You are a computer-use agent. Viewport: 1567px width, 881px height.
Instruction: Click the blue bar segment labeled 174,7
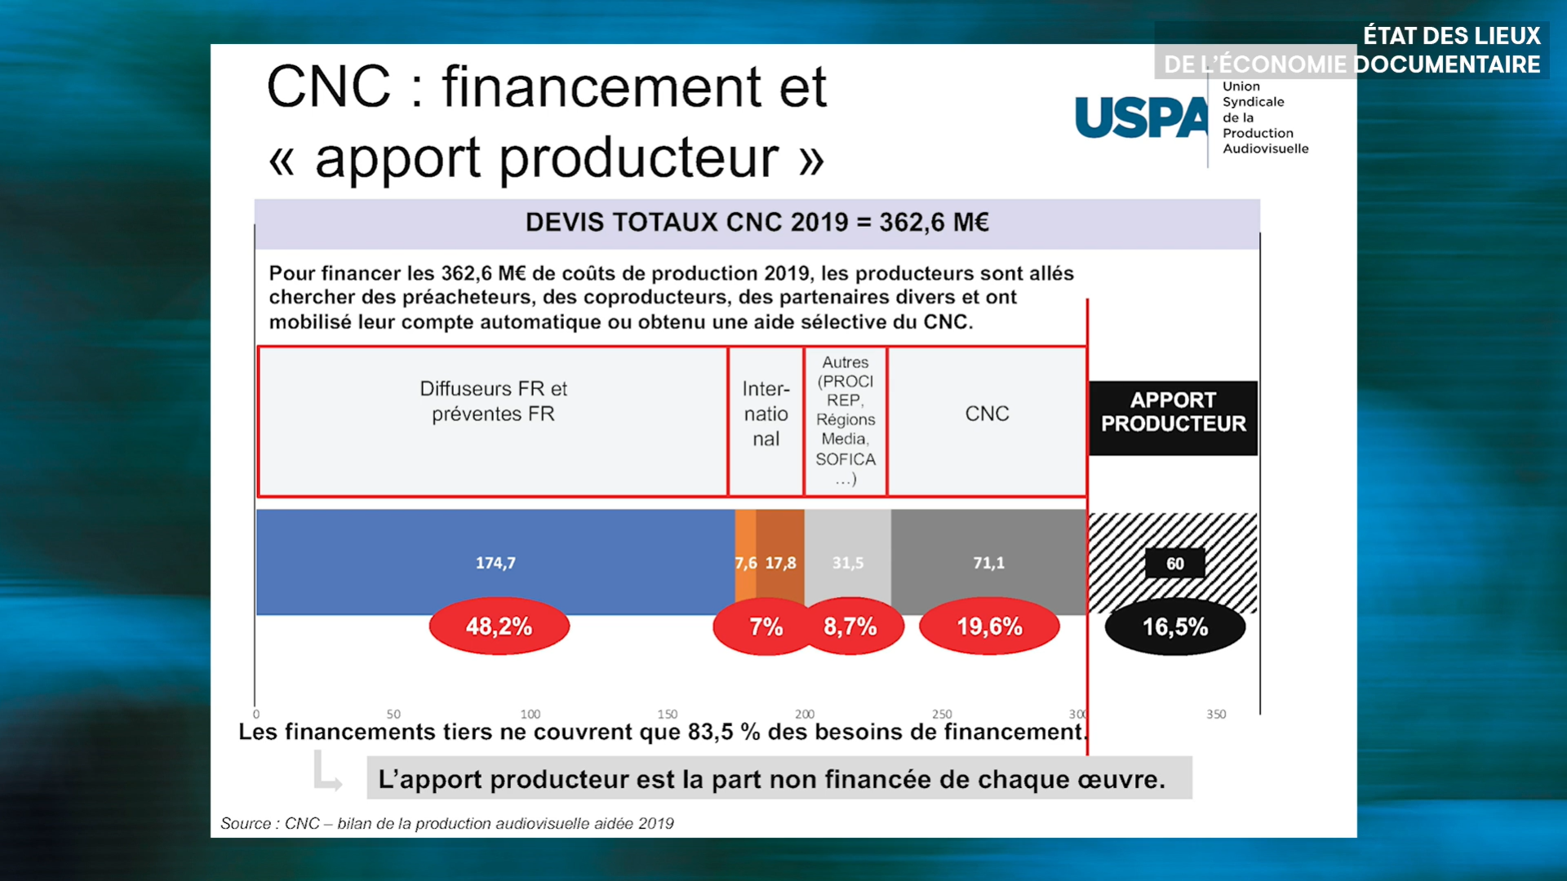click(495, 562)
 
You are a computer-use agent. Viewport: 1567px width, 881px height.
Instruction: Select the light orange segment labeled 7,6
click(745, 562)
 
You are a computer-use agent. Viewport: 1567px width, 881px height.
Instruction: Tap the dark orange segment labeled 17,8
click(780, 562)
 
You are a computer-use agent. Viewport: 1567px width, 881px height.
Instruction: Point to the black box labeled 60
click(1175, 563)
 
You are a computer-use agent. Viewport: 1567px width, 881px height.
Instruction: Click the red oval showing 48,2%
click(499, 626)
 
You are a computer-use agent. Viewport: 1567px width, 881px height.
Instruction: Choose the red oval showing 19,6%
click(989, 626)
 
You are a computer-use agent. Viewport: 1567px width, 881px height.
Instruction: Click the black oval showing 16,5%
click(1175, 626)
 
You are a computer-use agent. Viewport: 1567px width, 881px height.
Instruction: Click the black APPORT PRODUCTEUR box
click(1174, 418)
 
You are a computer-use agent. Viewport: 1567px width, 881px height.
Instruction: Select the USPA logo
click(1192, 117)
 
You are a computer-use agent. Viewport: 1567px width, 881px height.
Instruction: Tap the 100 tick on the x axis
click(530, 714)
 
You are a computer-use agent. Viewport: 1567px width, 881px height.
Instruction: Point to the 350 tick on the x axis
click(1216, 714)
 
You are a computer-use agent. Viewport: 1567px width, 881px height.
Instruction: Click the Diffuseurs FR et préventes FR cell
click(493, 421)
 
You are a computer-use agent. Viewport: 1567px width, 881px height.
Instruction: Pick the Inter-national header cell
click(766, 421)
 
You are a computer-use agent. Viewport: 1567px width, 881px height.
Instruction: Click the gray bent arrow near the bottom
click(327, 772)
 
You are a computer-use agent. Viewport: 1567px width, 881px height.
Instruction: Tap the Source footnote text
click(447, 823)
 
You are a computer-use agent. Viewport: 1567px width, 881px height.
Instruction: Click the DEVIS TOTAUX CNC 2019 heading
click(757, 222)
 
